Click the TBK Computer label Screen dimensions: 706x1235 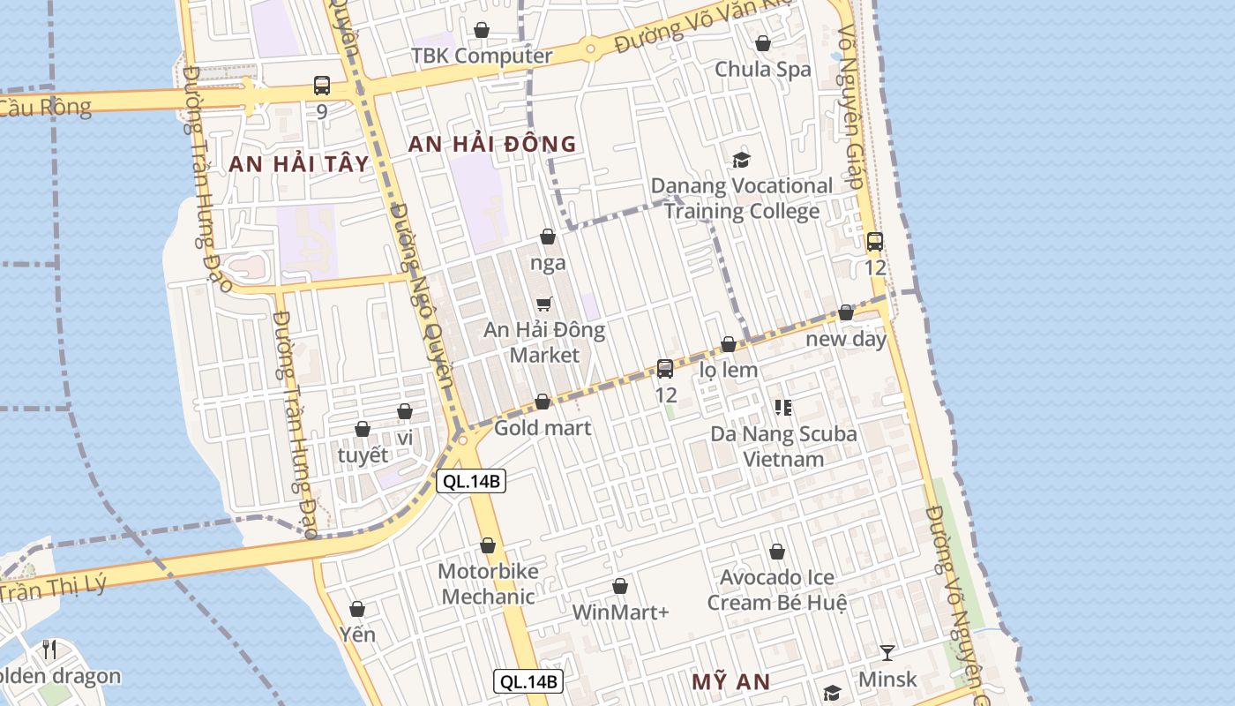(x=482, y=56)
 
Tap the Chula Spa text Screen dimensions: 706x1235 (x=763, y=69)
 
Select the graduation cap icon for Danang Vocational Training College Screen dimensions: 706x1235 (x=741, y=160)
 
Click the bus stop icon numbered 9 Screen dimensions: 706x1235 (x=322, y=86)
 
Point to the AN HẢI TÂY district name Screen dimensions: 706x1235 (x=298, y=163)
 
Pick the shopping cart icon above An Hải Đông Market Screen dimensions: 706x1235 (x=544, y=304)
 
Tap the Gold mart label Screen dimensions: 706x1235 (x=543, y=428)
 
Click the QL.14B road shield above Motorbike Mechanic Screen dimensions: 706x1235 (x=471, y=481)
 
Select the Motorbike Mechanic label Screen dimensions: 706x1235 (x=488, y=584)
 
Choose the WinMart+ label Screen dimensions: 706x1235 (x=620, y=612)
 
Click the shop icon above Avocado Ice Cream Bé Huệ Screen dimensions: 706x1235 (x=777, y=552)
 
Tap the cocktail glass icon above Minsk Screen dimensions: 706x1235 (x=887, y=653)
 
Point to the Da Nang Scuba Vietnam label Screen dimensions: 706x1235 (x=783, y=447)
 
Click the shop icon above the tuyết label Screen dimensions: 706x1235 (x=363, y=429)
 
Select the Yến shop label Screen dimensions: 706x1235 (x=357, y=635)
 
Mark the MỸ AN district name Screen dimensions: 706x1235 (x=730, y=682)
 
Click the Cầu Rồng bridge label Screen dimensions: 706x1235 (x=44, y=108)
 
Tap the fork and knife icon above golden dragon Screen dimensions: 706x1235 (x=49, y=650)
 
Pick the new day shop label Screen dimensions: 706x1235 (x=846, y=340)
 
